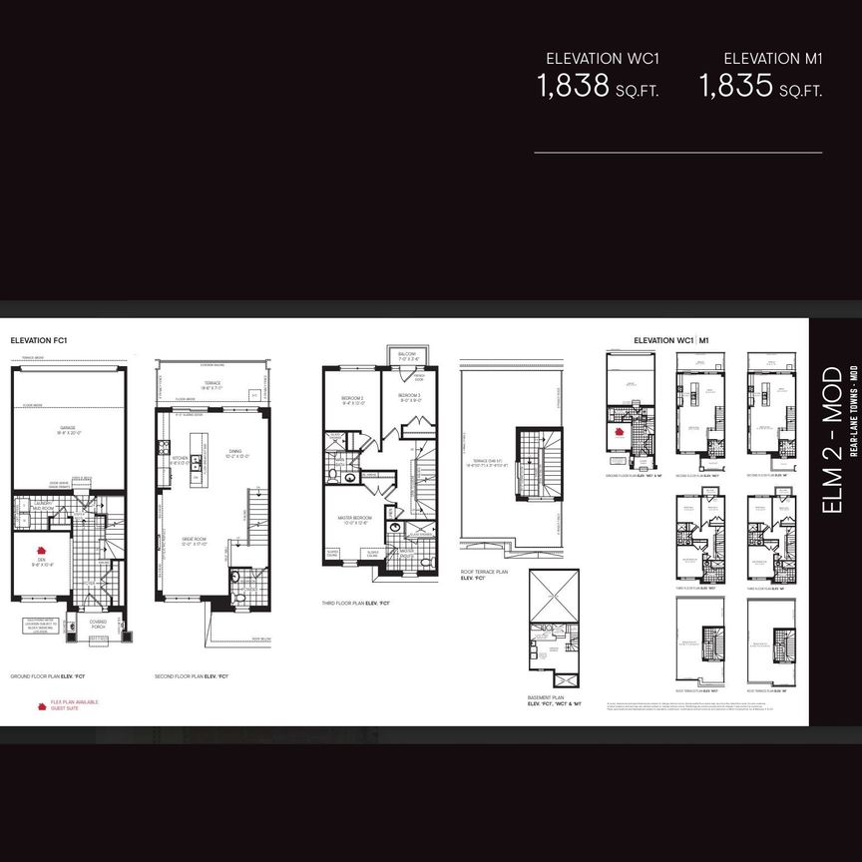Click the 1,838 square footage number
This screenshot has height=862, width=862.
pos(574,86)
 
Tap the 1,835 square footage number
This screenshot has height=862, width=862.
pos(735,86)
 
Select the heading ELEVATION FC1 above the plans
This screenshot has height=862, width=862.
pos(38,340)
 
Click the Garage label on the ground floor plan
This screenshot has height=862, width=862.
pos(67,429)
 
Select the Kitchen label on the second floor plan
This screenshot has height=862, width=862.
pos(180,460)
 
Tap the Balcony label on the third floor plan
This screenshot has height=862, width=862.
pos(406,354)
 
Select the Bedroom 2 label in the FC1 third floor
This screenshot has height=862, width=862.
pos(353,399)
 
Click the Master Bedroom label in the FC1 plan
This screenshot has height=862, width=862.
pos(356,519)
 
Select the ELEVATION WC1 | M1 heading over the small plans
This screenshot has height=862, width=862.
pos(670,340)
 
